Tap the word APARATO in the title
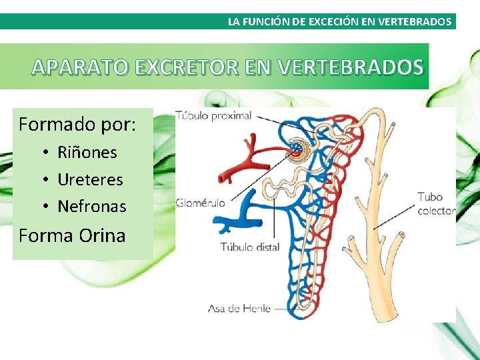[x=80, y=67]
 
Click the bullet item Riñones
[x=87, y=152]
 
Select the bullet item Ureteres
[x=90, y=179]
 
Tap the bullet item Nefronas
[x=91, y=206]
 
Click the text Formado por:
[x=77, y=124]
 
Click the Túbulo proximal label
[x=214, y=115]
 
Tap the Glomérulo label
[x=201, y=203]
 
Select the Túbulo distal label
[x=250, y=247]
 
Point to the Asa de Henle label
[x=239, y=308]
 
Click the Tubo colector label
[x=435, y=203]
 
